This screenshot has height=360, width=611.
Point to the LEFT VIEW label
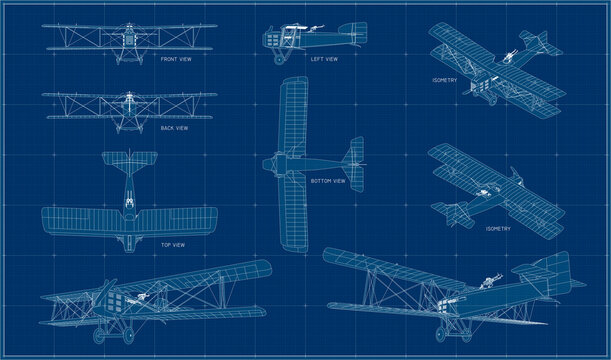coord(324,59)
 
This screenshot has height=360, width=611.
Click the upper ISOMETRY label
coord(445,79)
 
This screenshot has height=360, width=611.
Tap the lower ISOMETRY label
coord(497,228)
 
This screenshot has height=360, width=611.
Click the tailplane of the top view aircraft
coord(128,161)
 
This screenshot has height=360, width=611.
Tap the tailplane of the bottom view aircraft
coord(351,160)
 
